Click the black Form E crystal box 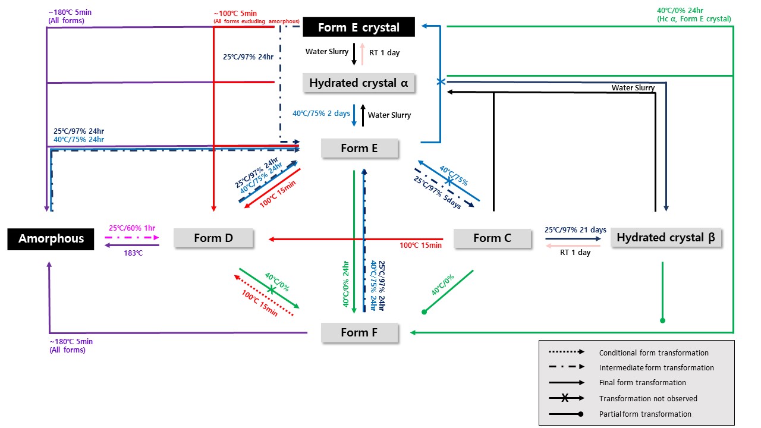(359, 27)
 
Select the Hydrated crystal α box (359, 83)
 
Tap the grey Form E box (359, 148)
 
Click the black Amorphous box (51, 238)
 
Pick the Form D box (213, 238)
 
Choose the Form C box (492, 238)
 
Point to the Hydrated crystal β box (666, 238)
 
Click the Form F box (359, 332)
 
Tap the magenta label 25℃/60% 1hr (132, 228)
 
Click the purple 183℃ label (132, 253)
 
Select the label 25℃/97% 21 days (575, 229)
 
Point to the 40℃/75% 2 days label (321, 114)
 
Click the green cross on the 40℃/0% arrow (271, 289)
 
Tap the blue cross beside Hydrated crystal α (441, 82)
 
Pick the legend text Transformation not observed (648, 399)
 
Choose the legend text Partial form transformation (645, 414)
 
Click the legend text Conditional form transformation (653, 353)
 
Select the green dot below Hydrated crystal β (662, 320)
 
